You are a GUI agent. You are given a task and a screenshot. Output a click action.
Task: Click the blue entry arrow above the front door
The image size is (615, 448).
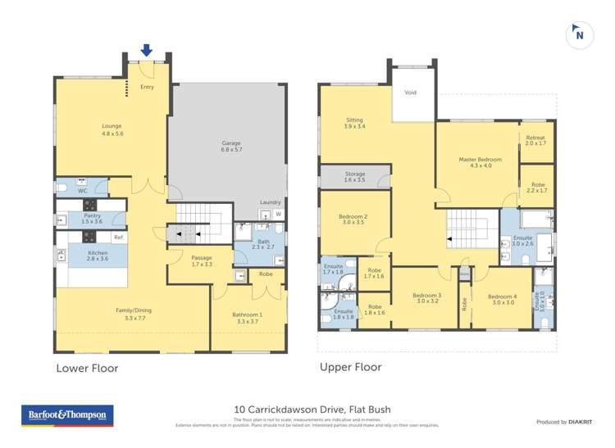tap(146, 50)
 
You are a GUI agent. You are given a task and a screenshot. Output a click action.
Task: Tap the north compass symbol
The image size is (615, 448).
tap(580, 34)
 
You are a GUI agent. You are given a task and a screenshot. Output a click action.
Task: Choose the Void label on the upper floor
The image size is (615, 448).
tap(410, 93)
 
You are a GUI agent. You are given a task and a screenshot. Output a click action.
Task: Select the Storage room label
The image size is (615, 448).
tap(354, 175)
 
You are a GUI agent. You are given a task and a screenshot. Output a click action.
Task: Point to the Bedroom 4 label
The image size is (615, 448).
tap(502, 298)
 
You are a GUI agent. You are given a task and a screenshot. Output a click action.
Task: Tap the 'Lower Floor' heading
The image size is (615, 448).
tap(87, 369)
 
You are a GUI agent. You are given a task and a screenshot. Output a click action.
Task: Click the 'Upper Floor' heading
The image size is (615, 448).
tap(350, 368)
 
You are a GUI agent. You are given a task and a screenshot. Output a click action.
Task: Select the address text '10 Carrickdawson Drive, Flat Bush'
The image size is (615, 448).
tap(312, 410)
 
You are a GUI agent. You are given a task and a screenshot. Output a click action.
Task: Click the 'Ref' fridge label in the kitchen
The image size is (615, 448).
tap(118, 238)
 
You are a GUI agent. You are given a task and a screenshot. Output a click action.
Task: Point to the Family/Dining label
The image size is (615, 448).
tap(133, 310)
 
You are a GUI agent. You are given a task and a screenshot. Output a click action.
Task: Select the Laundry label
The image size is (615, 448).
tap(270, 201)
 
